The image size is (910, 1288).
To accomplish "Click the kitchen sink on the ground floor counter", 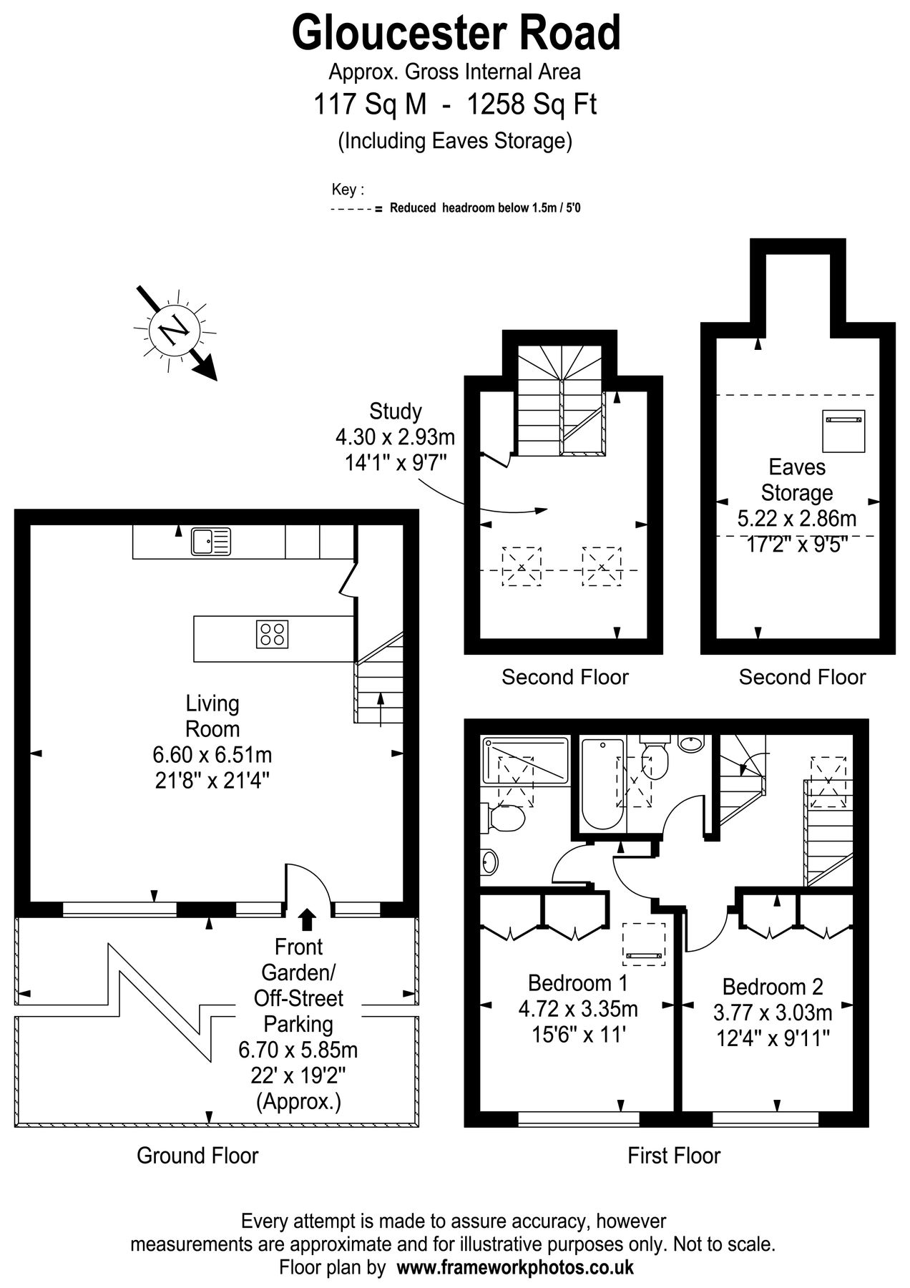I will [210, 542].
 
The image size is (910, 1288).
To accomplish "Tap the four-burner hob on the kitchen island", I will [273, 633].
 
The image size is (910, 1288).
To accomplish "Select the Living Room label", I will [212, 716].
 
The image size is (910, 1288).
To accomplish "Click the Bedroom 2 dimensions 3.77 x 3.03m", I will [773, 1013].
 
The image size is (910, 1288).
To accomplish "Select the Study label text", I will [395, 411].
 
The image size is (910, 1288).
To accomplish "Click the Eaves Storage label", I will [797, 480].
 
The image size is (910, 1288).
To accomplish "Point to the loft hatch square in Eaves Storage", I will [843, 431].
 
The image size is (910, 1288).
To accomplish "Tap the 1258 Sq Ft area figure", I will [532, 105].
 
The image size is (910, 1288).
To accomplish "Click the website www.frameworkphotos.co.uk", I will [515, 1268].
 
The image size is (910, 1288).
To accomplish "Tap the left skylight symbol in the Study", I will [522, 567].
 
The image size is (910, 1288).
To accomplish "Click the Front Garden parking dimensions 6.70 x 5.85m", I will [298, 1050].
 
